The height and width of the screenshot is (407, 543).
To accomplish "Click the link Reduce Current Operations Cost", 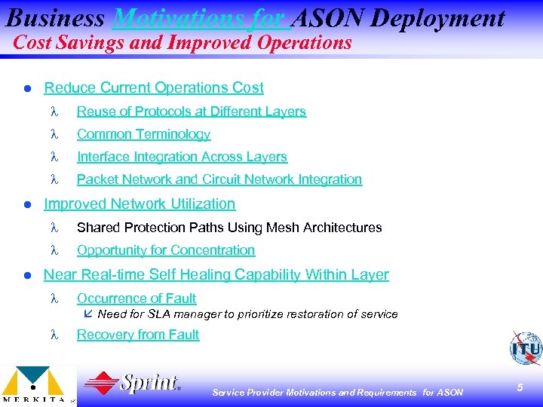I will [x=154, y=87].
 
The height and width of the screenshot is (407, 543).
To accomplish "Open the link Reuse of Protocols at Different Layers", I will [x=192, y=112].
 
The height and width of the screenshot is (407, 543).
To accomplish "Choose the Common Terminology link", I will [x=143, y=134].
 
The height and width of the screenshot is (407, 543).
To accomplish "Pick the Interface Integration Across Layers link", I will [x=182, y=157].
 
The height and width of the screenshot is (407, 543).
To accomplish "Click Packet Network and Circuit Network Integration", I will [x=219, y=179].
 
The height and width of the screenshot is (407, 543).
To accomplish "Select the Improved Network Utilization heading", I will [x=140, y=203].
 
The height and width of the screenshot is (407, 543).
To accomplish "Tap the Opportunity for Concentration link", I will [x=166, y=250].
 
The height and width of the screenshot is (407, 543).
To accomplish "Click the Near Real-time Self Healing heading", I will [x=216, y=274].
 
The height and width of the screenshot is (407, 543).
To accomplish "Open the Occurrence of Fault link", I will [x=137, y=298].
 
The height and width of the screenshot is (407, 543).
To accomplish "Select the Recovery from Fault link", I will [x=138, y=335].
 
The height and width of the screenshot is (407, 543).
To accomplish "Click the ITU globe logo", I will [x=524, y=347].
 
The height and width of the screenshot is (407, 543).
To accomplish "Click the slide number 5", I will [x=520, y=387].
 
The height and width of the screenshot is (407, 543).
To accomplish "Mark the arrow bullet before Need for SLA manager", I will [x=89, y=314].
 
